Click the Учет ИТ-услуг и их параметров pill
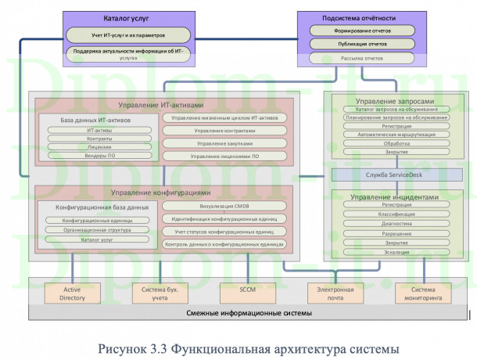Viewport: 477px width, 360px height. point(128,35)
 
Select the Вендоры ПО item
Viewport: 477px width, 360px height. point(99,155)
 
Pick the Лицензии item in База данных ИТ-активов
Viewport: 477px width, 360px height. point(99,146)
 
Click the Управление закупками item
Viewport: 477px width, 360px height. point(224,143)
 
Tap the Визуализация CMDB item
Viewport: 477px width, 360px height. point(224,206)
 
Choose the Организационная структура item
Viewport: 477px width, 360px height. point(99,230)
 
